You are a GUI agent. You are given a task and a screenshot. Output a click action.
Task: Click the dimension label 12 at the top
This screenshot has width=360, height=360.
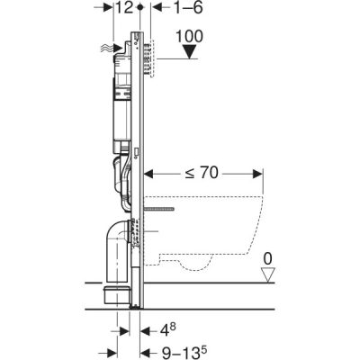coord(124,8)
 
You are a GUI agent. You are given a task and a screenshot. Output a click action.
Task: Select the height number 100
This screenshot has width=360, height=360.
coord(189,36)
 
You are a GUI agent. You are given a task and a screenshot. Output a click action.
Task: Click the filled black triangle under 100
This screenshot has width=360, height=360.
coord(189,51)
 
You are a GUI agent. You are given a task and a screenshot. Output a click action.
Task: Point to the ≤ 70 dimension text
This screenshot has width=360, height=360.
coord(202,173)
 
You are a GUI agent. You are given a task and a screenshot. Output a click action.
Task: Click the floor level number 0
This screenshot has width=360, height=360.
coord(268,259)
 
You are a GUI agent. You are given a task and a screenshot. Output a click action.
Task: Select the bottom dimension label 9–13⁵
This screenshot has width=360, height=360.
coord(184,353)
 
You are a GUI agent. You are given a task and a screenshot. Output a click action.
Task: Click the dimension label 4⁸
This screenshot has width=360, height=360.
coord(168,331)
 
